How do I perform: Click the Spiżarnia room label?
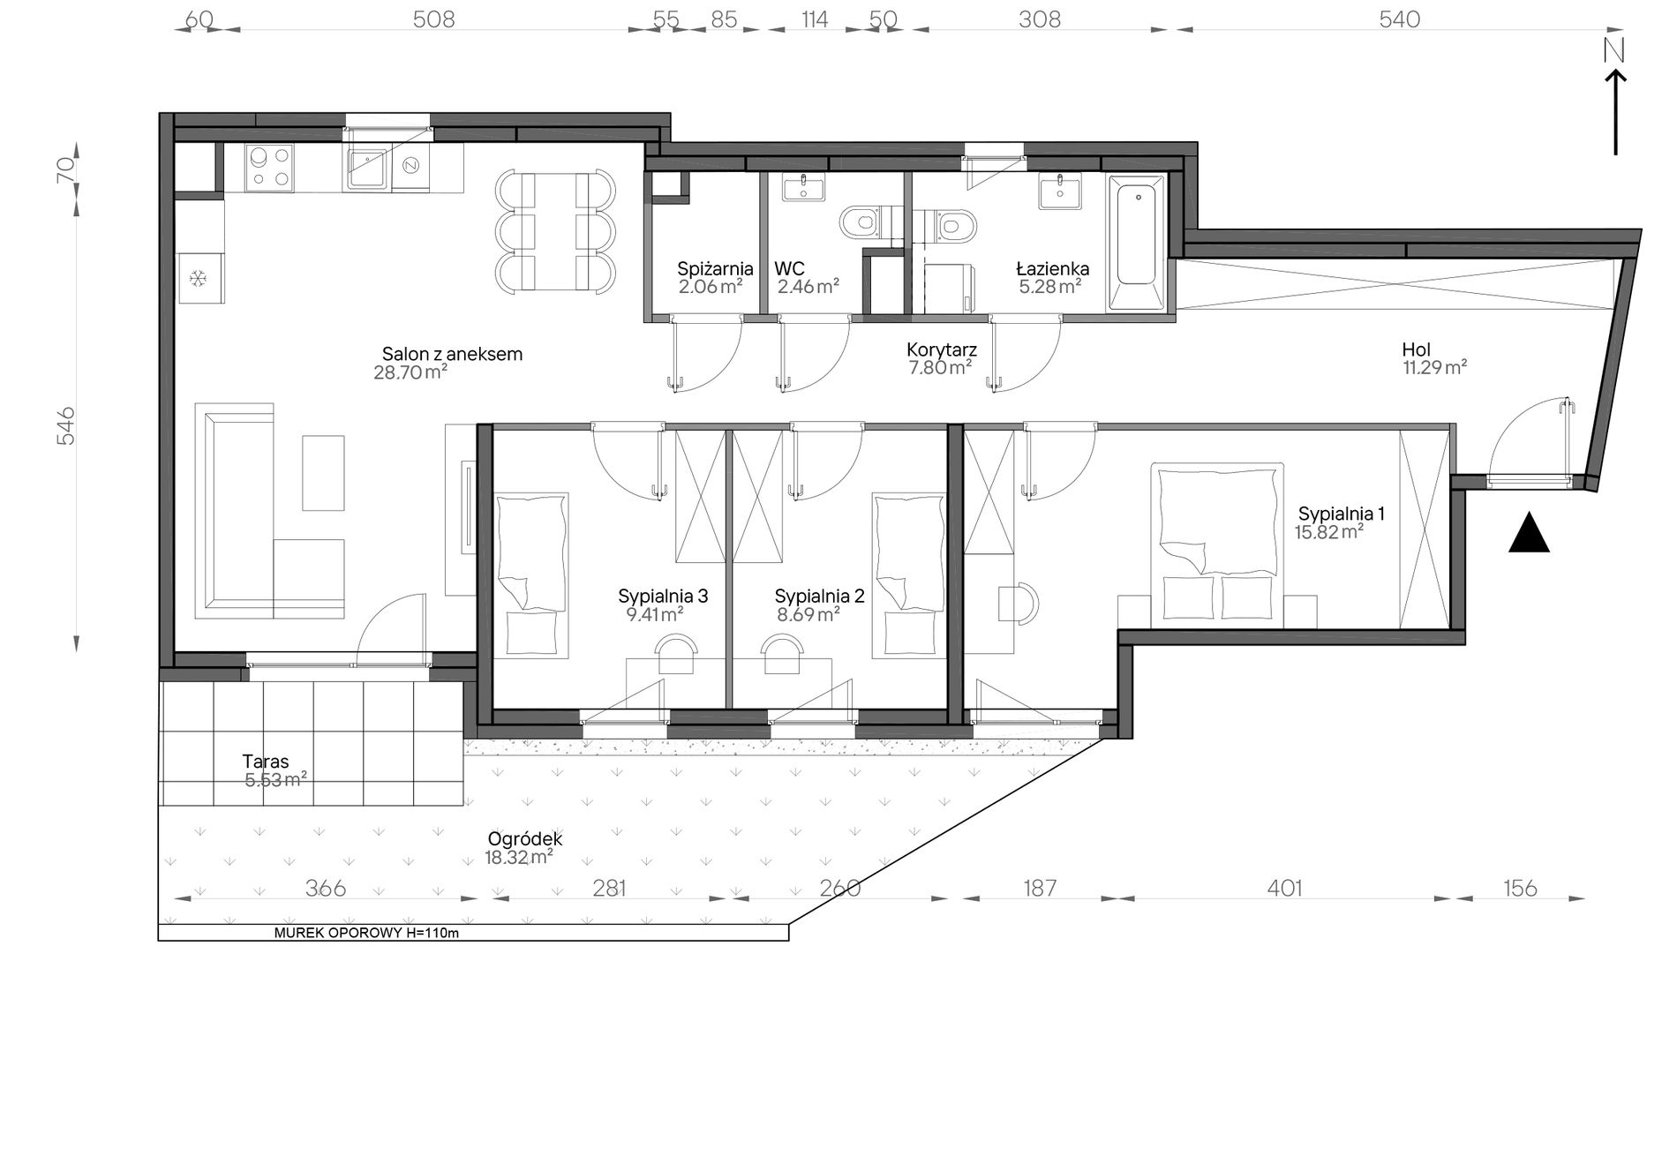tap(715, 269)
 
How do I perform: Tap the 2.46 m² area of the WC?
tap(808, 286)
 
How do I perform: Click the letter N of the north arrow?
tap(1614, 52)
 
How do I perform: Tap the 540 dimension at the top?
tap(1400, 19)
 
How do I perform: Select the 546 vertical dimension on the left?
tap(66, 425)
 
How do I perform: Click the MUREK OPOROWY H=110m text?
tap(366, 933)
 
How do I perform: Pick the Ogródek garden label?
tap(523, 839)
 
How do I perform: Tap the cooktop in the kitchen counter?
tap(270, 168)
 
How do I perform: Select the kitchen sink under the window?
tap(366, 168)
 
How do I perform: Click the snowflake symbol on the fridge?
tap(199, 279)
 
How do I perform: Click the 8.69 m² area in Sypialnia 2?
tap(808, 615)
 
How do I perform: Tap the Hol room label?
tap(1416, 349)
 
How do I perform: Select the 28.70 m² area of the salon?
tap(410, 372)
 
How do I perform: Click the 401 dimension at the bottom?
tap(1284, 888)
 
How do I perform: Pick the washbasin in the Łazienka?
tap(1059, 191)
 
